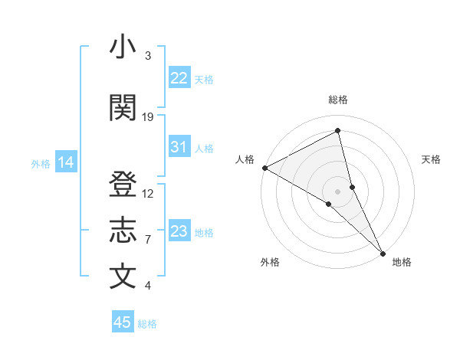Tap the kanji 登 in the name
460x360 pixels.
123,185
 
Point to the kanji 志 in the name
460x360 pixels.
123,231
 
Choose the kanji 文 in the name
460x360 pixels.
123,277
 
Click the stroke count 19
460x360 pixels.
148,116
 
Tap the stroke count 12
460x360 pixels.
148,193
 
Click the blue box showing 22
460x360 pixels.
179,78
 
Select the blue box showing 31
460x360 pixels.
179,147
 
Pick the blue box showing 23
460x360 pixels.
179,231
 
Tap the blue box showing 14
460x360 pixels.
66,162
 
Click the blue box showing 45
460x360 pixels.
123,322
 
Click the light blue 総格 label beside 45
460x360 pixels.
147,324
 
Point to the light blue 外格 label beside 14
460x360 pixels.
41,163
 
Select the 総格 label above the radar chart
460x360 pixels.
338,100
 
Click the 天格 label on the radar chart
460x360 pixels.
431,159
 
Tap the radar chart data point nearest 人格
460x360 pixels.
264,167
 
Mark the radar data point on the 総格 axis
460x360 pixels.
338,132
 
